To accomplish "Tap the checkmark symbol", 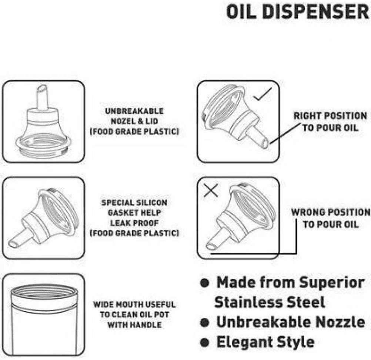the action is click(x=263, y=94).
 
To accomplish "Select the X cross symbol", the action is click(x=211, y=190).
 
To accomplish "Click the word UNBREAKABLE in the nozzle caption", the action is click(x=134, y=111).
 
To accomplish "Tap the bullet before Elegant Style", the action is click(x=204, y=343).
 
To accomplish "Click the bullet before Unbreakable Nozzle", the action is click(x=204, y=322).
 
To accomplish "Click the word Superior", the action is click(x=332, y=283).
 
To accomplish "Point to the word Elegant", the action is click(x=244, y=342).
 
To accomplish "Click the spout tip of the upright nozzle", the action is click(x=42, y=89).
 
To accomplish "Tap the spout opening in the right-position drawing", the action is click(x=265, y=144).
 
